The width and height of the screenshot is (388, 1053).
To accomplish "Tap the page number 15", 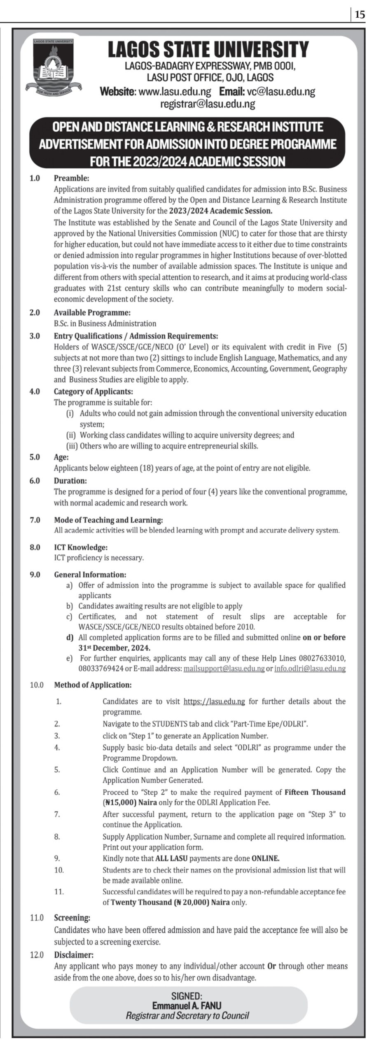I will click(359, 15).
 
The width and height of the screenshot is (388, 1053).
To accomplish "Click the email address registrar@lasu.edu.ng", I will click(207, 104).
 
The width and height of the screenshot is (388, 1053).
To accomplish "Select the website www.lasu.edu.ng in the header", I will click(175, 92).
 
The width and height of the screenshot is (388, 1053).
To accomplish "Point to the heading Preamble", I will click(71, 179).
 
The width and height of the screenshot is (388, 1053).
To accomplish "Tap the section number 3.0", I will click(35, 336).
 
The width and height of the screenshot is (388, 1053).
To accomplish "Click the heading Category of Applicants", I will click(93, 392).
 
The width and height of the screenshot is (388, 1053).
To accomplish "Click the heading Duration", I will click(70, 480).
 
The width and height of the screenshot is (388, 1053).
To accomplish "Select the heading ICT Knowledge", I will click(81, 547).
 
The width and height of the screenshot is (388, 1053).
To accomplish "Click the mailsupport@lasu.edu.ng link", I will click(224, 669).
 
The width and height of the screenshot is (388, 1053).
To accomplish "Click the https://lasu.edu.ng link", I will click(214, 701).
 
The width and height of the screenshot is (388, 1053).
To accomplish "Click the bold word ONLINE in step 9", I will click(265, 858).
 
